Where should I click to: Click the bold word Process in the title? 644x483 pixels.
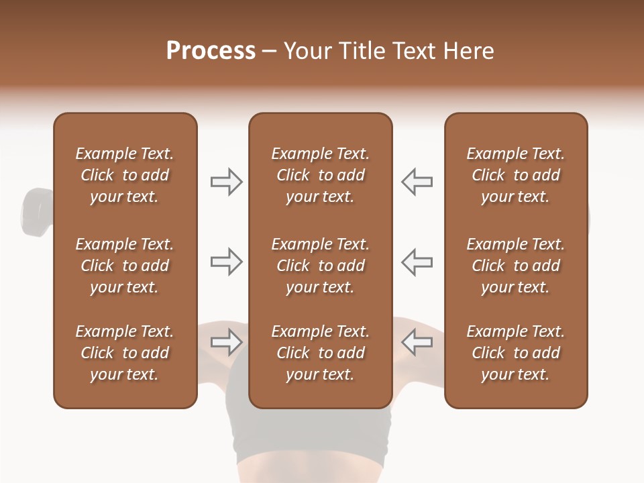pos(211,51)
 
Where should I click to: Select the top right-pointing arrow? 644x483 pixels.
pos(226,182)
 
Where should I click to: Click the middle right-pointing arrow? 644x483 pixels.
pos(226,262)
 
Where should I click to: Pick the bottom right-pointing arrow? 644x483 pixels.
pos(226,342)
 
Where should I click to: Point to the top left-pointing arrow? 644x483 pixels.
pos(417,182)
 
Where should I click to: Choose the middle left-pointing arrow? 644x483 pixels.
pos(417,262)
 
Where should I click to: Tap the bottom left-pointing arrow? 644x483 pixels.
pos(417,342)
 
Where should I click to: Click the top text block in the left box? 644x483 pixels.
pos(125,175)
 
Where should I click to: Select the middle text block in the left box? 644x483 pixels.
pos(125,266)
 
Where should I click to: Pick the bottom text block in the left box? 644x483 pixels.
pos(125,353)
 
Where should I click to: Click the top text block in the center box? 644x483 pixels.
pos(320,175)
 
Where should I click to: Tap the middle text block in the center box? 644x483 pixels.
pos(320,266)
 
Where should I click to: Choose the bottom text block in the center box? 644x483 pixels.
pos(320,353)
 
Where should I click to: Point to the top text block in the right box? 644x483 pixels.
pos(515,175)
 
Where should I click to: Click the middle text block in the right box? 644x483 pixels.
pos(515,266)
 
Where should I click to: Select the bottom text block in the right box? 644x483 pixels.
pos(515,353)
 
